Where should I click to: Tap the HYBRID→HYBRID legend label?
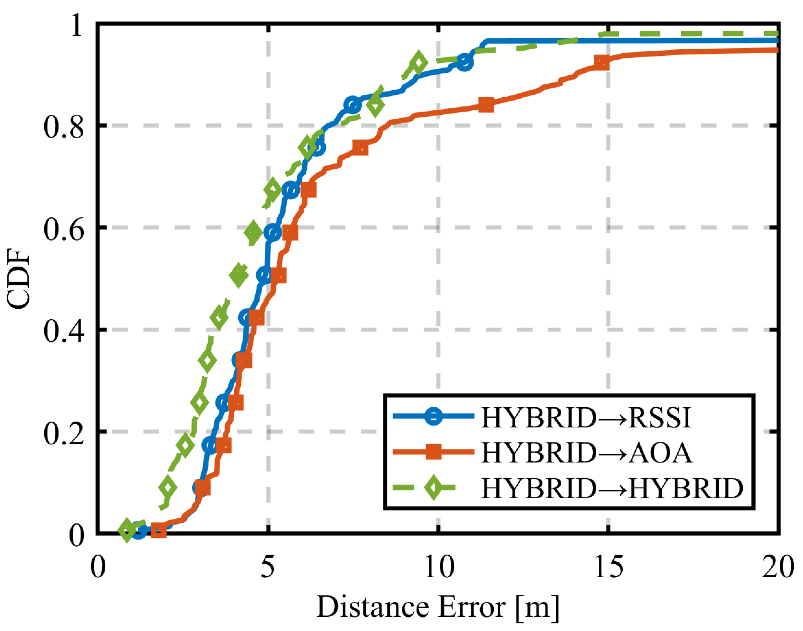612,488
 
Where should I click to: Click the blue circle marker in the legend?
434,416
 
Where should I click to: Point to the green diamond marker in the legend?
434,487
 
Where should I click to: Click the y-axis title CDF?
18,279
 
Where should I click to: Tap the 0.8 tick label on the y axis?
64,127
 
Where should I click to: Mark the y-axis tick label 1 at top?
77,26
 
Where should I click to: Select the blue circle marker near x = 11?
464,62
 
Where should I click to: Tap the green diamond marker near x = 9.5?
419,63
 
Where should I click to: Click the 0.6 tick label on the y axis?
64,229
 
